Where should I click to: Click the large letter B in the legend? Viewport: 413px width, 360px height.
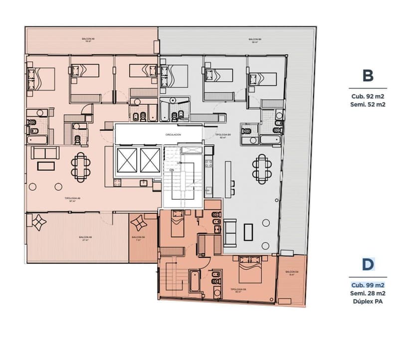point(368,76)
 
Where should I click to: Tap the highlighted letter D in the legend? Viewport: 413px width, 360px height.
point(368,264)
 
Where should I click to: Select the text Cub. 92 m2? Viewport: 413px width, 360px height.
point(368,97)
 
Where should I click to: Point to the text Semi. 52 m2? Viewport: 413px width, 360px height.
point(368,105)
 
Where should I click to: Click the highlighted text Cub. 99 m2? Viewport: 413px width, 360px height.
point(368,285)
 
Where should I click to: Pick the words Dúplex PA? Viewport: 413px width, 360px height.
point(368,301)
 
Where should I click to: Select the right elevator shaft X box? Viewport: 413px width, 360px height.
point(150,160)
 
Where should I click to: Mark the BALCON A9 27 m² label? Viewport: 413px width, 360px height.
point(85,238)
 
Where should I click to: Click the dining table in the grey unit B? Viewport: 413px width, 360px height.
point(261,169)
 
